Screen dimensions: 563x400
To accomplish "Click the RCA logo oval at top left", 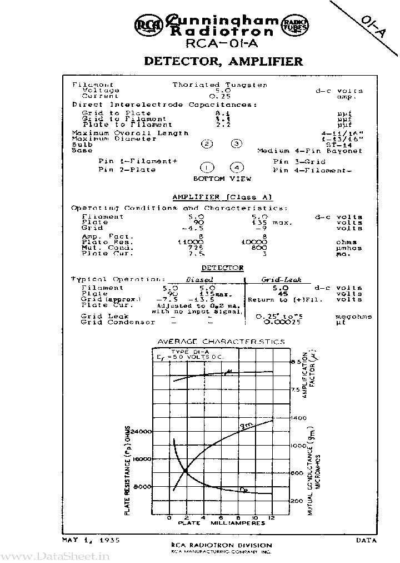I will tap(146, 24).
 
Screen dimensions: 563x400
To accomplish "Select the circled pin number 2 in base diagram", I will tap(207, 144).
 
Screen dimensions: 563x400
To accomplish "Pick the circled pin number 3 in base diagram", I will tap(237, 144).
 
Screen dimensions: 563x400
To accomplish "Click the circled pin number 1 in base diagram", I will tap(207, 167).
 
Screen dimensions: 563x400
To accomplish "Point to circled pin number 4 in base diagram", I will tap(237, 167).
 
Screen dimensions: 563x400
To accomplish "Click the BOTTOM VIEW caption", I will tap(222, 179).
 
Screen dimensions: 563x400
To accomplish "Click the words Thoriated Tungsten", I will tap(219, 85).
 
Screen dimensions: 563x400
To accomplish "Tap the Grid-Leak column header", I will tap(281, 280).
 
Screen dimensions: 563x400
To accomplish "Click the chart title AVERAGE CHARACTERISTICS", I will tap(222, 342).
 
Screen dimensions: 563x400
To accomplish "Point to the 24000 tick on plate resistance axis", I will tap(142, 432).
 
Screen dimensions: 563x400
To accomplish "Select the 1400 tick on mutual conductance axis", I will tap(298, 417).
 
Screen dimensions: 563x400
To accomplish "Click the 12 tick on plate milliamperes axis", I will tap(272, 517).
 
